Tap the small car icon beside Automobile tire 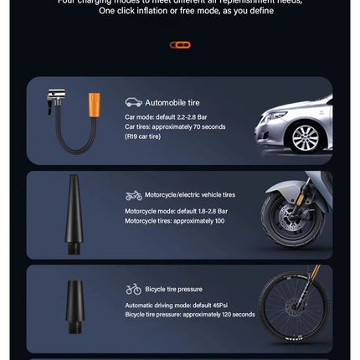(133, 102)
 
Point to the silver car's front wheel (306, 137)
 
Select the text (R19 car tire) (144, 136)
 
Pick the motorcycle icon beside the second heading (133, 196)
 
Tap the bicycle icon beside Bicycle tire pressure (133, 289)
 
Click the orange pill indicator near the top (179, 44)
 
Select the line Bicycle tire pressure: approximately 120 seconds (190, 315)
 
